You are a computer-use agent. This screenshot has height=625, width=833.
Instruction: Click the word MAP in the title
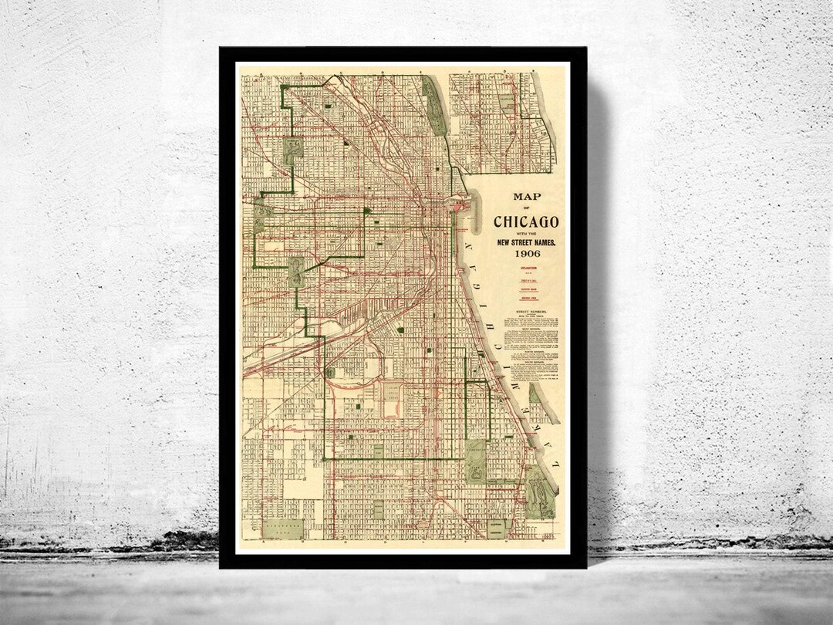click(527, 197)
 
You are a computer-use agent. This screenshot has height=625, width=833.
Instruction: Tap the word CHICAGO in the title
click(527, 222)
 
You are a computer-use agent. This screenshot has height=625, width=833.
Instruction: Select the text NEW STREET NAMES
click(527, 242)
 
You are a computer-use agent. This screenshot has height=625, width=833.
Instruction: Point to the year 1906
click(527, 253)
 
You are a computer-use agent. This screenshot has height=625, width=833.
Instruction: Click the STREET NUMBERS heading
click(527, 312)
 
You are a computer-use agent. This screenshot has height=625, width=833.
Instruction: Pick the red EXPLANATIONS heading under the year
click(527, 269)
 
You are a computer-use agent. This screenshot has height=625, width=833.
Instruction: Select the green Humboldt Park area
click(292, 149)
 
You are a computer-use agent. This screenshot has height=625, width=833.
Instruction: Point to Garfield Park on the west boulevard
click(259, 213)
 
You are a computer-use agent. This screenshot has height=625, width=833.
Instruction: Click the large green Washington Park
click(476, 461)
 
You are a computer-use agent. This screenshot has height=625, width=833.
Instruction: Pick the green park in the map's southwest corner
click(283, 529)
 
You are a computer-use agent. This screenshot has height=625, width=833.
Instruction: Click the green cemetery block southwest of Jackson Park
click(496, 528)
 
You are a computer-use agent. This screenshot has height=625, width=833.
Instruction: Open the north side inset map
click(501, 122)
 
